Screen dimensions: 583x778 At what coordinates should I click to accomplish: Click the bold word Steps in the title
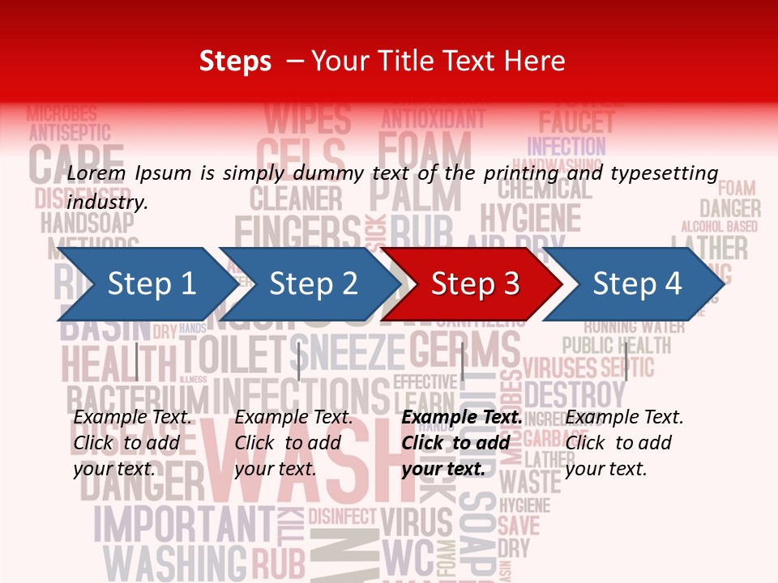point(235,61)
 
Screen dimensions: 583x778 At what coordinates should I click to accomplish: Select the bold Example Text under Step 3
point(462,417)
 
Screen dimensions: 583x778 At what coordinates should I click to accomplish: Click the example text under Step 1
point(132,443)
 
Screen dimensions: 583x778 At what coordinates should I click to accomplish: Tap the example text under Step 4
point(624,443)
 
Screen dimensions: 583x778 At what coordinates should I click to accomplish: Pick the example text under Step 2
point(293,443)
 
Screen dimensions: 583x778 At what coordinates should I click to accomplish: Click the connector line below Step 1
point(137,361)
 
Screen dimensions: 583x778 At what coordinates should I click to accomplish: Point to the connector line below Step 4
point(626,361)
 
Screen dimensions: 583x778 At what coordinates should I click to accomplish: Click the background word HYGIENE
point(530,219)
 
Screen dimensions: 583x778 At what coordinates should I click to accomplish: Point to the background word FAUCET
point(576,122)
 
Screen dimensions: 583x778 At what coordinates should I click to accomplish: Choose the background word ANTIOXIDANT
point(433,119)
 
